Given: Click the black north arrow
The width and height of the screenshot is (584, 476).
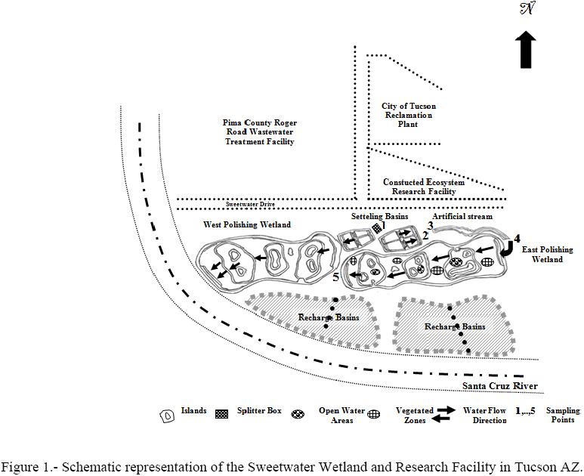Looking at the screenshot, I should point(527,51).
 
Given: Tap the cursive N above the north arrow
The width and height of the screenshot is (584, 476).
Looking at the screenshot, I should point(527,10).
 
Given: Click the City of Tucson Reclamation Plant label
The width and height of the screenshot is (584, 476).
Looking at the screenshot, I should point(408,115).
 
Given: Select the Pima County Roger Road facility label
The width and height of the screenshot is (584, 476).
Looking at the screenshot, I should point(259,132).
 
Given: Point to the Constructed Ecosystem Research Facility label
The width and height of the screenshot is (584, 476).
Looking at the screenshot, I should point(423,187).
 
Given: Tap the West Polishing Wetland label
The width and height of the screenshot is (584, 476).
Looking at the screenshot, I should point(247,225).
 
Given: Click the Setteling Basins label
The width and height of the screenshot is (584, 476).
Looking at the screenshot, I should point(379,216).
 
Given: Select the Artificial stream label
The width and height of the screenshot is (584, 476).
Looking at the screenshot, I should point(462,216).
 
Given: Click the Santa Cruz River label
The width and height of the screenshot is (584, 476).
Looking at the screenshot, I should point(500,387).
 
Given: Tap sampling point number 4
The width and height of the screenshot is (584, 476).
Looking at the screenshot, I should point(517,239).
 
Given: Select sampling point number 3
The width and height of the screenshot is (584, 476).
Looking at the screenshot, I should point(431,225).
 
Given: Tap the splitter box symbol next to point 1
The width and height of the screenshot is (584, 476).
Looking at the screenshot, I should point(375,227).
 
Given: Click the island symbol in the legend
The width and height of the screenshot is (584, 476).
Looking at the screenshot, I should point(167,416).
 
